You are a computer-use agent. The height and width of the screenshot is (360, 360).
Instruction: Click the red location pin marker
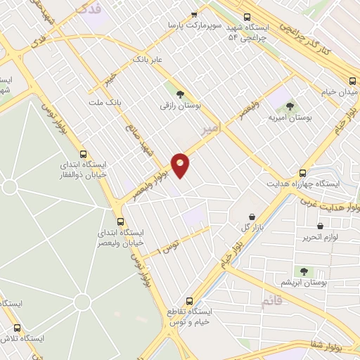point(181,165)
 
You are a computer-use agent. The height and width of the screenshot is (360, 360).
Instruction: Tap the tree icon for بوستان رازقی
point(180,94)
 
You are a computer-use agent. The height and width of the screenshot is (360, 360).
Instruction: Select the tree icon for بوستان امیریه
point(289,106)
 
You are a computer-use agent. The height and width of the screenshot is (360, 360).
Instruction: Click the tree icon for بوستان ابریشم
point(304,271)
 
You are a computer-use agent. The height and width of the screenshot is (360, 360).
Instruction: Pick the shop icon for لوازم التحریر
point(320,226)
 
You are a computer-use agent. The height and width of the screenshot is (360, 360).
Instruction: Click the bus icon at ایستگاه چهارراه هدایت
point(303,172)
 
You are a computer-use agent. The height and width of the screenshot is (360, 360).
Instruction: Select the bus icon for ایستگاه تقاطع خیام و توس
point(188,300)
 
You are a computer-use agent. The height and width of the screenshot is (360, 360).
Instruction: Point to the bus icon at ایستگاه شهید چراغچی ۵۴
point(246,18)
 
